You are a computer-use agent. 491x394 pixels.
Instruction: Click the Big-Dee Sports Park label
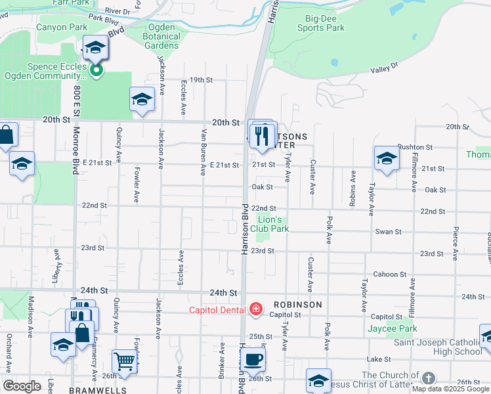click(x=320, y=23)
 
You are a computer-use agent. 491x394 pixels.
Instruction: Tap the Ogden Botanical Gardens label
click(x=161, y=36)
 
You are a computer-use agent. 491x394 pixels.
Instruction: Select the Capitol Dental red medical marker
click(x=256, y=309)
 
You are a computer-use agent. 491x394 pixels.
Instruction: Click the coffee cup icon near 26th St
click(x=253, y=359)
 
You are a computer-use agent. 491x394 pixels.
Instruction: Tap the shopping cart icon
click(x=123, y=361)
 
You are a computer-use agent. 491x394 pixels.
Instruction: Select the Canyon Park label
click(x=62, y=28)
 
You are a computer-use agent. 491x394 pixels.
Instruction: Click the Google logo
click(x=21, y=385)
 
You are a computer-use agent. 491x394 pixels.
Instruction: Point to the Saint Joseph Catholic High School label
click(x=437, y=347)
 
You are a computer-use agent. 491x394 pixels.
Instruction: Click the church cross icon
click(x=428, y=378)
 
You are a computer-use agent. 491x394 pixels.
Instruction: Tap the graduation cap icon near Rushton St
click(x=387, y=158)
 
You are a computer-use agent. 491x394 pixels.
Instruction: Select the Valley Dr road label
click(x=384, y=68)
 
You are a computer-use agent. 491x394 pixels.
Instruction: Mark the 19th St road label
click(x=201, y=79)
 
